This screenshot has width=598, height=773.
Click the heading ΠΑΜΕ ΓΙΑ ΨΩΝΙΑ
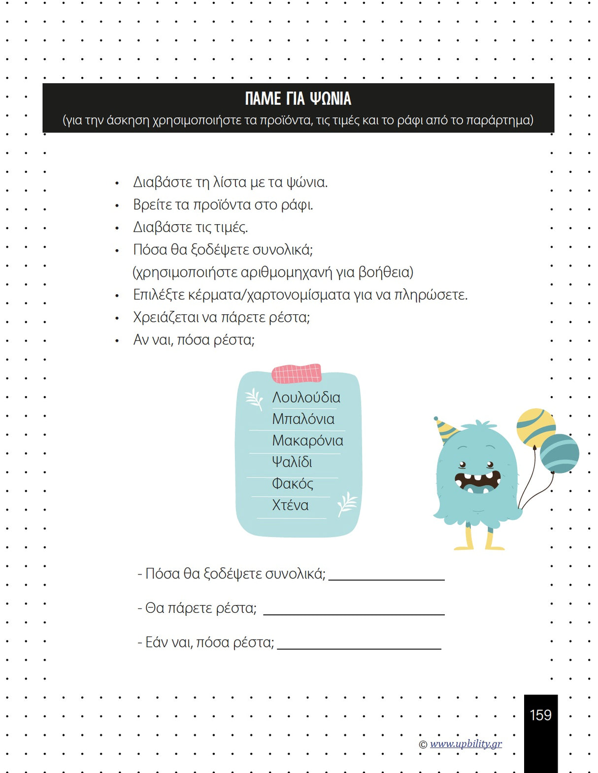click(x=298, y=99)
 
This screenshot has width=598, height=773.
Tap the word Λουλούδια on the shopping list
click(x=306, y=398)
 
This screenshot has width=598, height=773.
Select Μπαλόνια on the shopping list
click(x=303, y=419)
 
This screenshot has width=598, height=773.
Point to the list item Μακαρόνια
click(x=307, y=441)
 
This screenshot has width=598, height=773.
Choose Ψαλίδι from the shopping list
click(x=292, y=462)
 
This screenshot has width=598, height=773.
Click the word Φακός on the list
click(x=292, y=484)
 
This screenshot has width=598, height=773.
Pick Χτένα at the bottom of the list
click(x=290, y=505)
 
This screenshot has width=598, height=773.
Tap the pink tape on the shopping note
click(x=297, y=373)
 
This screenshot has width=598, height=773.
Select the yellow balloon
click(x=535, y=426)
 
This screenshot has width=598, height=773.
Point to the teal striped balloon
click(x=560, y=453)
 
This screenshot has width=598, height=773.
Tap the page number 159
click(x=540, y=715)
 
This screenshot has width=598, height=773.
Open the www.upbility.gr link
click(x=465, y=743)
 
